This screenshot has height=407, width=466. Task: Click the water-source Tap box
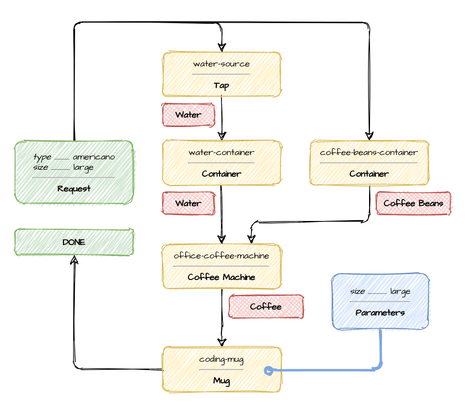coord(221,74)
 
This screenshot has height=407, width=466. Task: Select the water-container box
coord(221,162)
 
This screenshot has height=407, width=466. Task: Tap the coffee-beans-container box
coord(369,162)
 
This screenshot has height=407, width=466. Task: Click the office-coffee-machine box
coord(221,266)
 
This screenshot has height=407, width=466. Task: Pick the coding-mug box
coord(221,370)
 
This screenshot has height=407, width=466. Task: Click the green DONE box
coord(74,242)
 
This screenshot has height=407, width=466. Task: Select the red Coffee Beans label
coord(413,203)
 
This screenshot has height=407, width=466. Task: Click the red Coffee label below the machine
coord(266,307)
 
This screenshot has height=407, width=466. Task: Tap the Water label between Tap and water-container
coord(188,115)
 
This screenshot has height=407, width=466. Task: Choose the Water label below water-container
coord(188,203)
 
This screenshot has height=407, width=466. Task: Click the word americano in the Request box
coord(94,157)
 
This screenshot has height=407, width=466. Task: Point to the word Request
coord(74,189)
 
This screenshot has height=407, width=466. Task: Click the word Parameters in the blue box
coord(380,313)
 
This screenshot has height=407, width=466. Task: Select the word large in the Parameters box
coord(401,292)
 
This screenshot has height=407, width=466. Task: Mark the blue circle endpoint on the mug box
coord(269,371)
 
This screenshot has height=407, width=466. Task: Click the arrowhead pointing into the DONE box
coord(74,260)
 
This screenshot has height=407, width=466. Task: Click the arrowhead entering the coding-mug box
coord(222,343)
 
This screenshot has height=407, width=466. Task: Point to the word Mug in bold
coord(221,380)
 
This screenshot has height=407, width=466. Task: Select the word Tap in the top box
coord(221,86)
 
